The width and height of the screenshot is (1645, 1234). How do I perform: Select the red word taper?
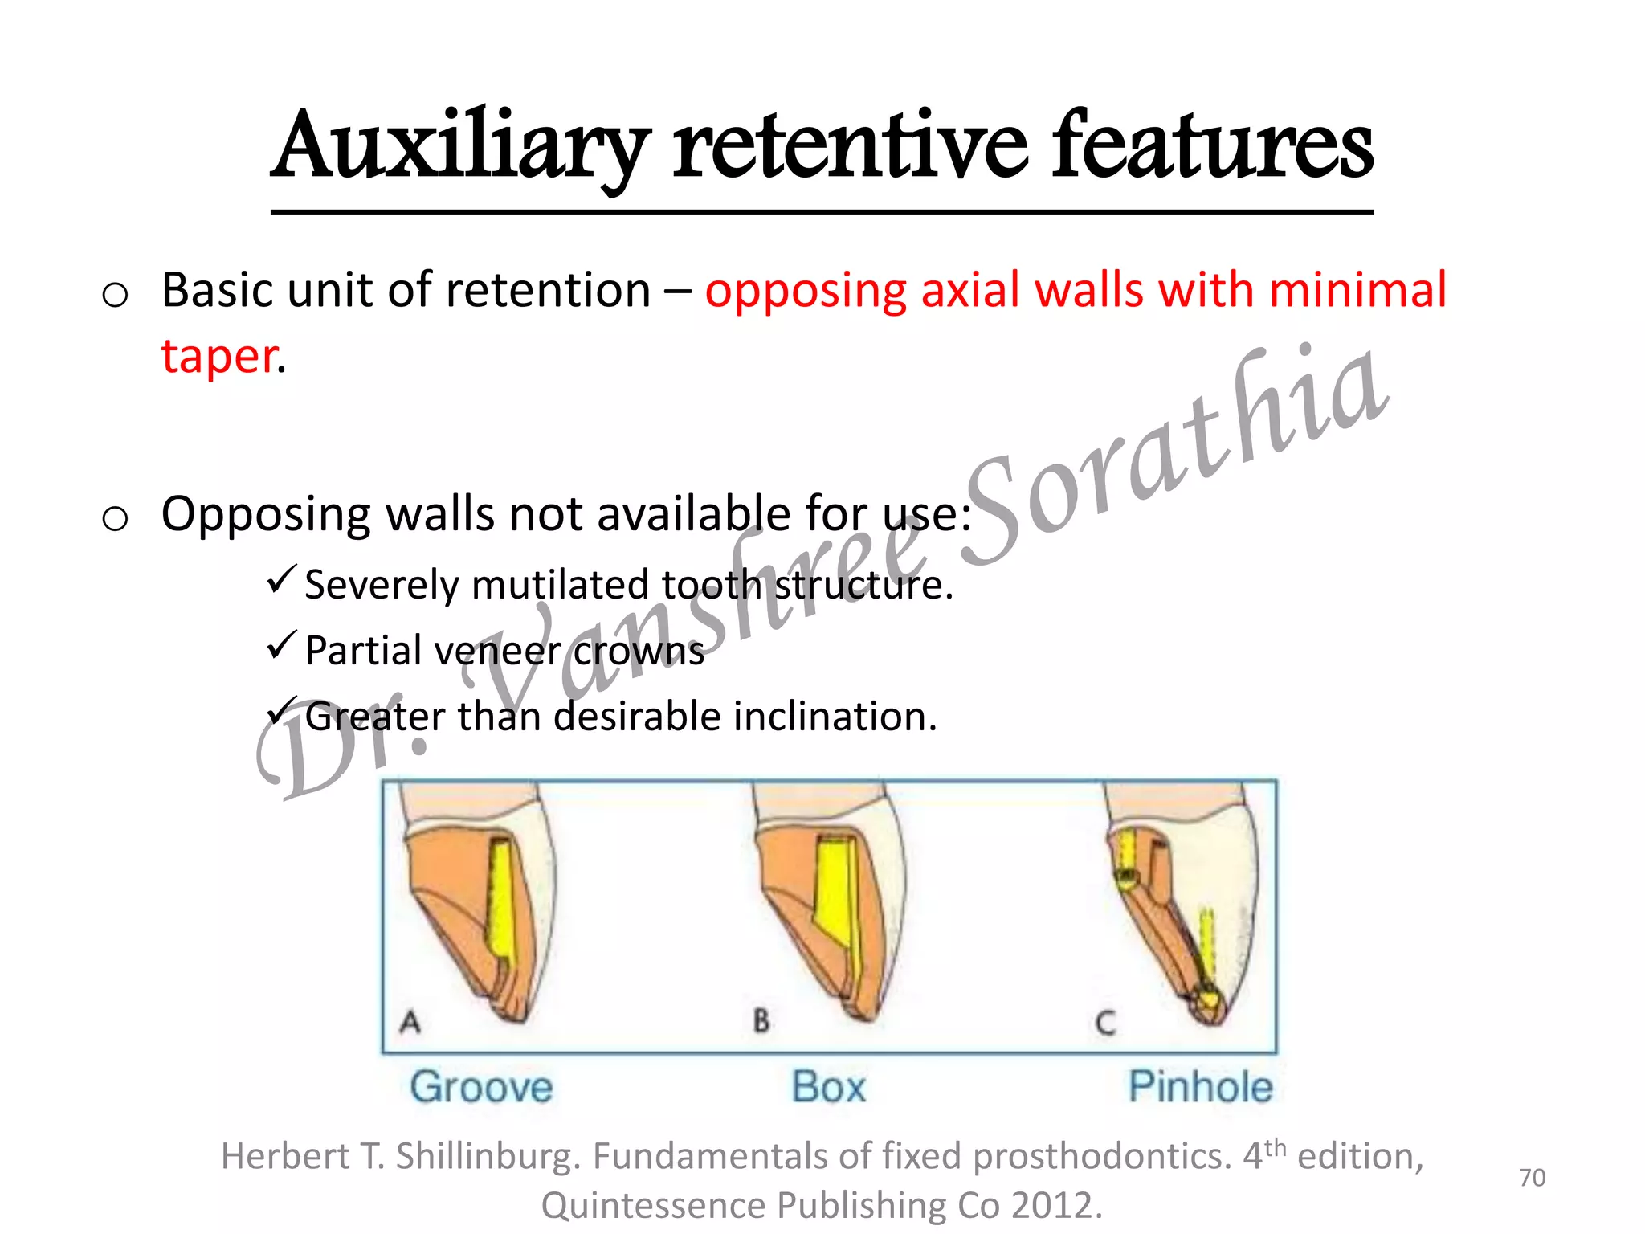[219, 357]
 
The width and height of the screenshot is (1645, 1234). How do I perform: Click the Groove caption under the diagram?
[481, 1087]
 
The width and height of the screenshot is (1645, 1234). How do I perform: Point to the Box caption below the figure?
[828, 1087]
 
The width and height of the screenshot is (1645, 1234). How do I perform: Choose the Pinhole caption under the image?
[1200, 1087]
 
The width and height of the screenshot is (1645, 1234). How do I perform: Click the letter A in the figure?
[410, 1022]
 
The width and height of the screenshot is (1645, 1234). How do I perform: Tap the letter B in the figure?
[761, 1020]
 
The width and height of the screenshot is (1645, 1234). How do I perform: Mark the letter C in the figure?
[1105, 1023]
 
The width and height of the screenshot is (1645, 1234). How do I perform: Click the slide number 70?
[1532, 1178]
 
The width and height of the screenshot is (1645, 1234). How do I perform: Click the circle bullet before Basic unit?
[115, 295]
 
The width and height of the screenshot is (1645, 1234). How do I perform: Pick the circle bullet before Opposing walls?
[115, 518]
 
